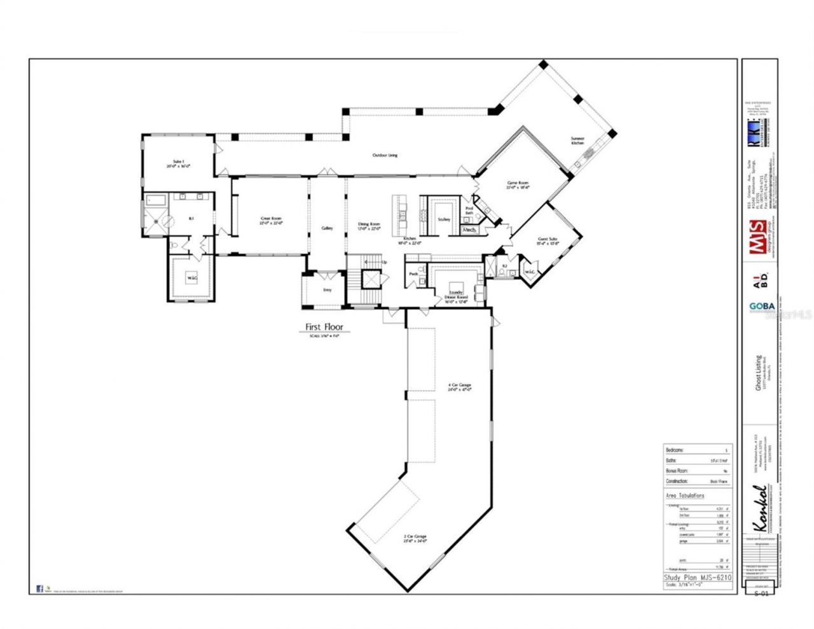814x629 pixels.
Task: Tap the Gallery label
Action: (x=328, y=228)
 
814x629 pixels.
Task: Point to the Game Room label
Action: (x=517, y=185)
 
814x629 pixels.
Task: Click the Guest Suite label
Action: (x=548, y=240)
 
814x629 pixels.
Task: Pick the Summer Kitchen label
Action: (x=577, y=141)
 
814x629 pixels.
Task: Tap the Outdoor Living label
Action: (x=385, y=155)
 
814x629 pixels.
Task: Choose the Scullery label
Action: (x=444, y=219)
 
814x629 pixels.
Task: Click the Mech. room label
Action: (x=470, y=229)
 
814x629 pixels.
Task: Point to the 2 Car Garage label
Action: (x=415, y=539)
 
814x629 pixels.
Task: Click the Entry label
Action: (x=327, y=289)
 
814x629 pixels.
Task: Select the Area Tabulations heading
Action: (x=686, y=495)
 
